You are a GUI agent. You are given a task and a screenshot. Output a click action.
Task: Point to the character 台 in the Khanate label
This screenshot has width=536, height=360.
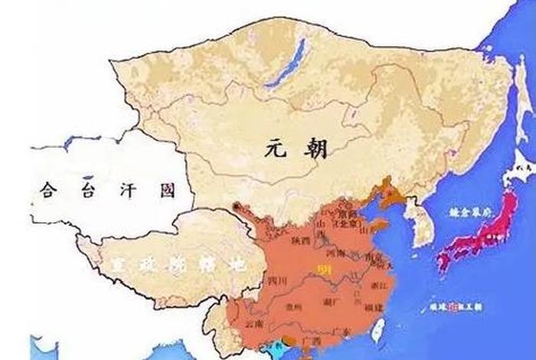[x=85, y=189]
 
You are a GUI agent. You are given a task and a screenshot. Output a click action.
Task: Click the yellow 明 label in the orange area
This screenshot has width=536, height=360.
[x=322, y=269]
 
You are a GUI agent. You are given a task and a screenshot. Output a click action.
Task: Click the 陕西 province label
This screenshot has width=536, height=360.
[x=300, y=240]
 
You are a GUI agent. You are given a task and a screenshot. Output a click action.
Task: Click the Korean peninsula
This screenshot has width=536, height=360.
[x=420, y=218]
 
